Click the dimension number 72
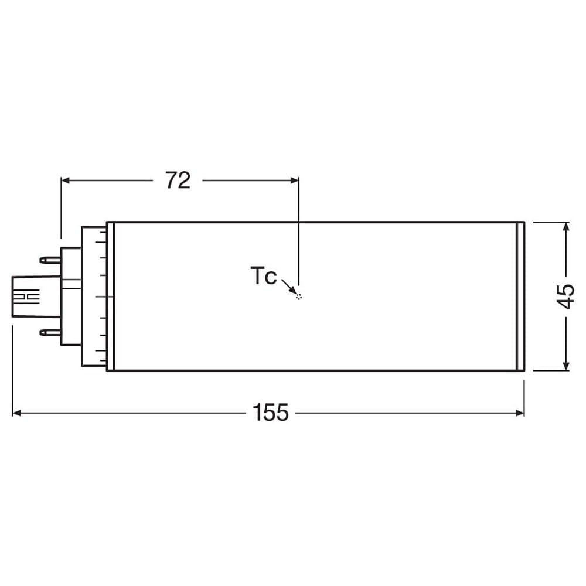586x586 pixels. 178,180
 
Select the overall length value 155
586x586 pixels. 271,413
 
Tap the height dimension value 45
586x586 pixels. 566,297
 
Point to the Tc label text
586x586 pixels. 264,276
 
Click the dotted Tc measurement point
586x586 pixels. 298,297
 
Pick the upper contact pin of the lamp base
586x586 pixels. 50,260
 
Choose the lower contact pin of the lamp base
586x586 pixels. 50,332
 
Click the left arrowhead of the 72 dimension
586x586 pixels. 66,180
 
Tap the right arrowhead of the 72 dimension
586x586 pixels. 294,180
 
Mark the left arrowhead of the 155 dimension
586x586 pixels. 17,413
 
